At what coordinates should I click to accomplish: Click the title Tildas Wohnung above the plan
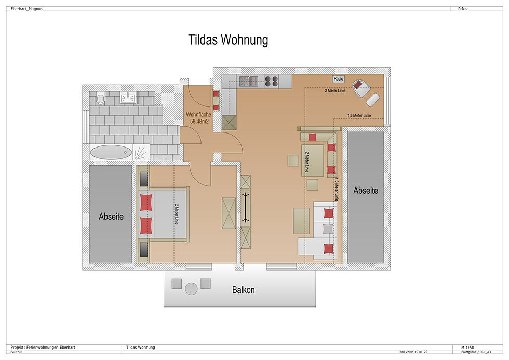tap(228, 41)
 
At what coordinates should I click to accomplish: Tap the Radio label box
tap(339, 79)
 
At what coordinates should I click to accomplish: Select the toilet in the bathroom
tap(100, 98)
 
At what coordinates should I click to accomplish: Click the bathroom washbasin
tap(128, 98)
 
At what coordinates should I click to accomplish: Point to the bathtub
tap(111, 153)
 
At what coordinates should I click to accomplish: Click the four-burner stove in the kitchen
tap(271, 81)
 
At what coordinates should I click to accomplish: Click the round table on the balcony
tap(191, 287)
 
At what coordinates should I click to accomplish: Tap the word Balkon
tap(243, 290)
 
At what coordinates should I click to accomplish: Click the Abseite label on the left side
tap(111, 217)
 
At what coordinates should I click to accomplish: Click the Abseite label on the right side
tap(366, 191)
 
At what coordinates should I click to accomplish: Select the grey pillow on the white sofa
tap(327, 229)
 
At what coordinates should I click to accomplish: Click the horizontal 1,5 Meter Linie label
tap(359, 115)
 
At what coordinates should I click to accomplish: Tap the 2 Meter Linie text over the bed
tap(177, 214)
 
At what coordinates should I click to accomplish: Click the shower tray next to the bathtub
tap(140, 152)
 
